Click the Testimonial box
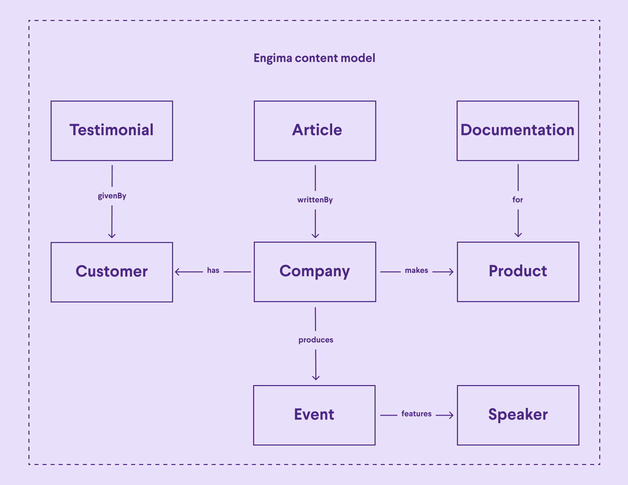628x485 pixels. pos(112,131)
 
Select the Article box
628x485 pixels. pos(315,131)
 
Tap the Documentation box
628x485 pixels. pos(517,131)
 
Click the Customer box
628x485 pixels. pos(112,272)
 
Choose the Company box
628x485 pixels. pos(315,272)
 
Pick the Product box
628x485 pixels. pos(518,272)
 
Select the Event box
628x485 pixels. pos(314,415)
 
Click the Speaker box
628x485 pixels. pos(518,415)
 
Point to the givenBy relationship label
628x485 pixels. pos(112,196)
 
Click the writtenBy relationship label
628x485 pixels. pos(315,200)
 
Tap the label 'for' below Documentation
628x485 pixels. pos(517,200)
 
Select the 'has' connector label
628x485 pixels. pos(213,270)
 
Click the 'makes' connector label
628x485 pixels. pos(416,270)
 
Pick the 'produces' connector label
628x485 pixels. pos(316,340)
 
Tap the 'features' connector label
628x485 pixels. pos(416,414)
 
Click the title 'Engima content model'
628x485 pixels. pos(314,58)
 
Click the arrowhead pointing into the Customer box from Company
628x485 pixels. pos(177,272)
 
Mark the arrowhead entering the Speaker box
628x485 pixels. pos(451,415)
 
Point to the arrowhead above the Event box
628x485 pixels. pos(316,378)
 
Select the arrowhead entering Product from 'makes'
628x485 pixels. pos(451,272)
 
